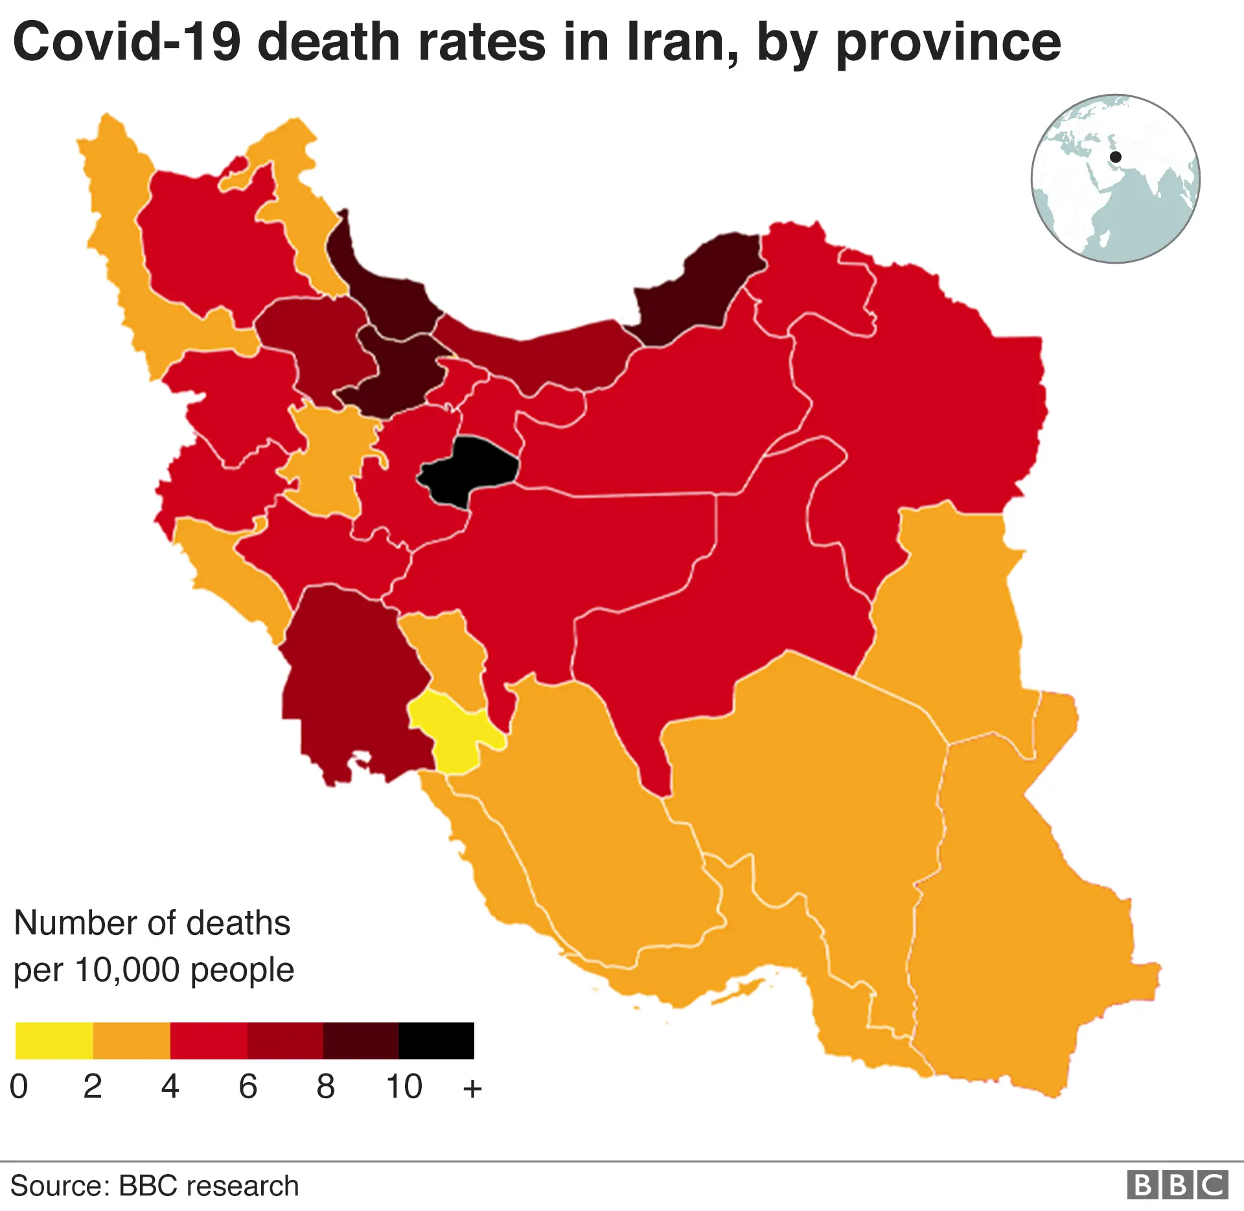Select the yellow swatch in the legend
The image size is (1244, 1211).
[x=54, y=1041]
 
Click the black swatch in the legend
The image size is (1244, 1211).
[x=436, y=1041]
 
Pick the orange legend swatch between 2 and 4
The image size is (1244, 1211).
[x=132, y=1041]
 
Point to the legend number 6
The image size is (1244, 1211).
[x=248, y=1087]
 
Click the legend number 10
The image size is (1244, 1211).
[x=404, y=1087]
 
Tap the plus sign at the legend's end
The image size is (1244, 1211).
[x=472, y=1089]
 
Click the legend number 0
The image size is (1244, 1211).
[x=19, y=1087]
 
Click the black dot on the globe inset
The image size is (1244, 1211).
[x=1116, y=157]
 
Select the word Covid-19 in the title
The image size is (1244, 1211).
[x=127, y=42]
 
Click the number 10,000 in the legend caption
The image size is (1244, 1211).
[x=127, y=971]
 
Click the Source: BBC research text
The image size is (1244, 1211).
[x=154, y=1186]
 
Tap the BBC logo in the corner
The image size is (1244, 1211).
[x=1177, y=1185]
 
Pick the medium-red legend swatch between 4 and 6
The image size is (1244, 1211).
[x=209, y=1041]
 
